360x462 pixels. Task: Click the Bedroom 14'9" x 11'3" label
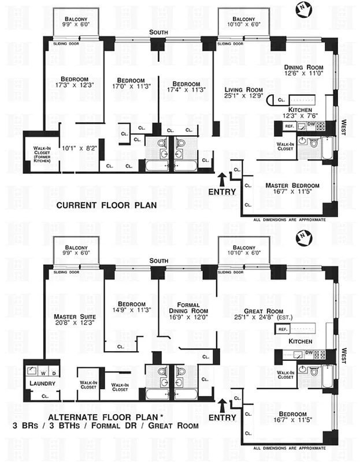(x=131, y=308)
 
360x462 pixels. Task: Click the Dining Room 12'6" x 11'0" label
(x=303, y=70)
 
